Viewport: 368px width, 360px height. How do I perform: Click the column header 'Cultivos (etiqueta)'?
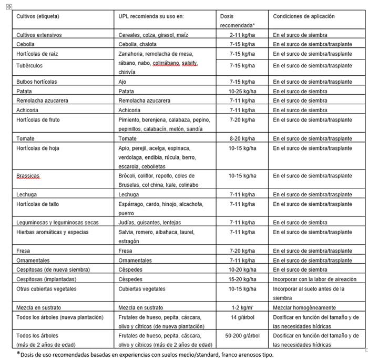38,16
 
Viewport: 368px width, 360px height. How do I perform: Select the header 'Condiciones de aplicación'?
303,16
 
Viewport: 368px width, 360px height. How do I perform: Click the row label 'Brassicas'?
29,176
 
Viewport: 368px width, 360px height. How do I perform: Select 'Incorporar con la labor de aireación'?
314,279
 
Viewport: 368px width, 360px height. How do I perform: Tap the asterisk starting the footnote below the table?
18,353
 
